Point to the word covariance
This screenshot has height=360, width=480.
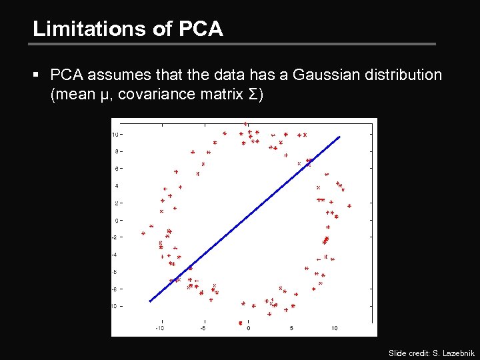point(163,95)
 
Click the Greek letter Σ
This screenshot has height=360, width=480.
point(257,95)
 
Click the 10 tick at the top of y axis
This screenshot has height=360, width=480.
point(115,135)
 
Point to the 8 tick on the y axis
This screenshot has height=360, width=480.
point(116,151)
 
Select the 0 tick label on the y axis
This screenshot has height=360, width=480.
point(116,221)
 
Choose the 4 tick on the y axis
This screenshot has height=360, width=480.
point(116,186)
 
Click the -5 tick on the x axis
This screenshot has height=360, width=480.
point(203,328)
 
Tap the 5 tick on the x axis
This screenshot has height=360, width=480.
point(291,328)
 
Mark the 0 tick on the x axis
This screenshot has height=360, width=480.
point(249,328)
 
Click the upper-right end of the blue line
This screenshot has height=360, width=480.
point(339,137)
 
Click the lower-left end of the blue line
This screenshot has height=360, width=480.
point(150,301)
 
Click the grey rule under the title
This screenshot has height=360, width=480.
point(233,45)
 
